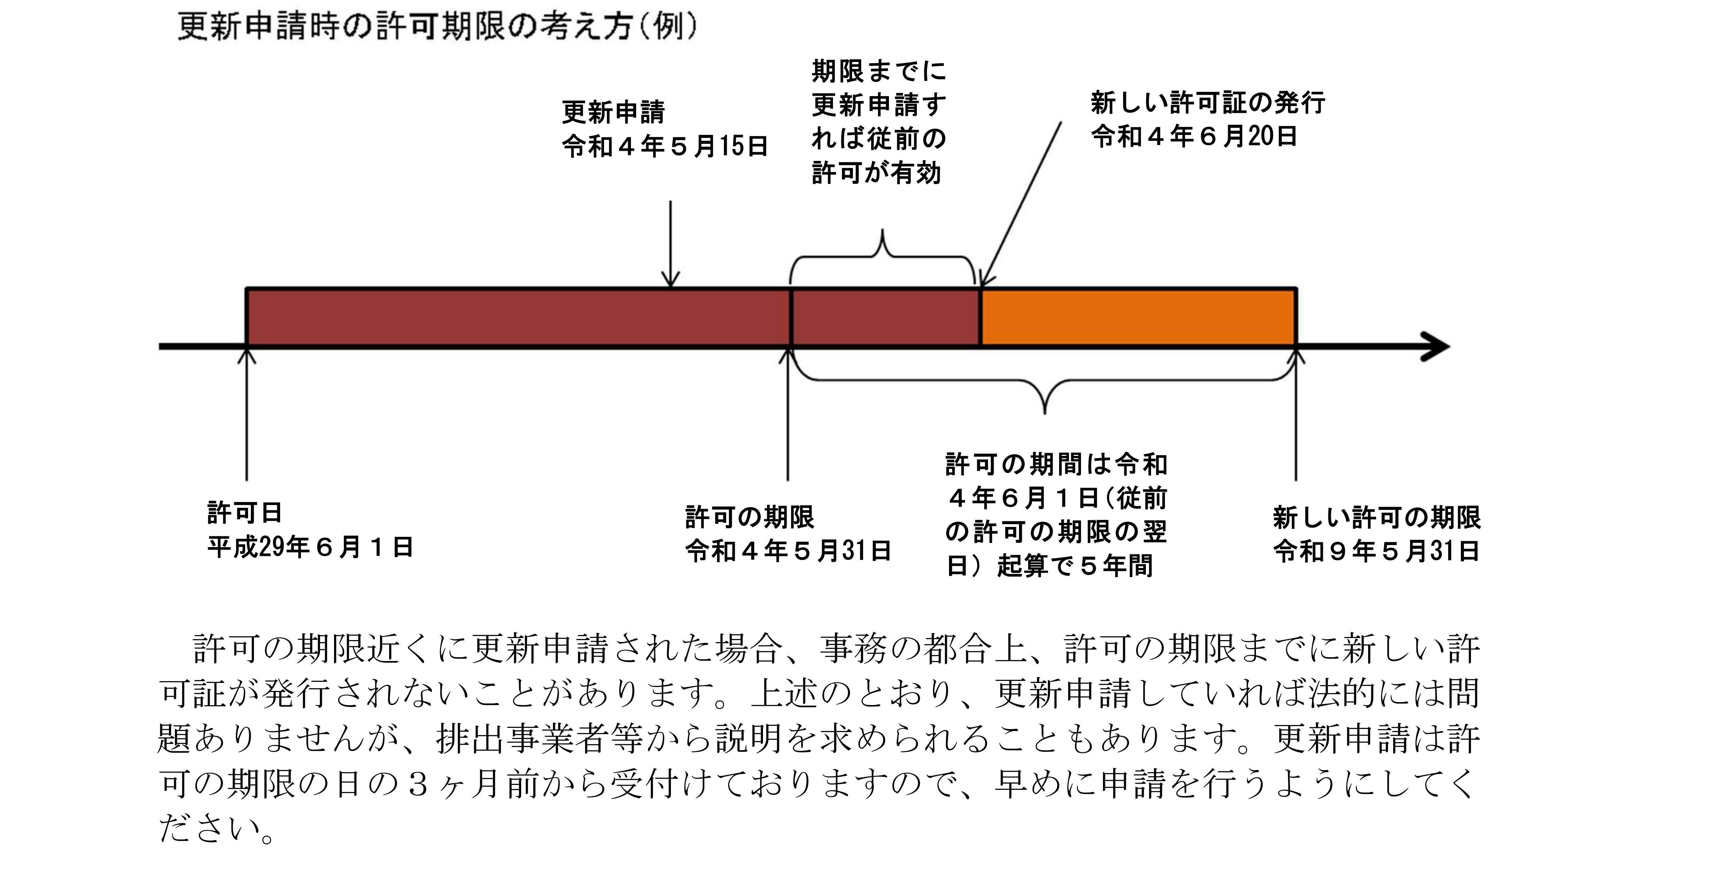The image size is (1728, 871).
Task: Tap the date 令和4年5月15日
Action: (x=664, y=146)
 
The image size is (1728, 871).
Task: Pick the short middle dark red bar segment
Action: (x=886, y=317)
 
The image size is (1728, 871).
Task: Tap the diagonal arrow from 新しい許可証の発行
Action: (x=1021, y=201)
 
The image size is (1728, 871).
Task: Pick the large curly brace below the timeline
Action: (x=1044, y=389)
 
